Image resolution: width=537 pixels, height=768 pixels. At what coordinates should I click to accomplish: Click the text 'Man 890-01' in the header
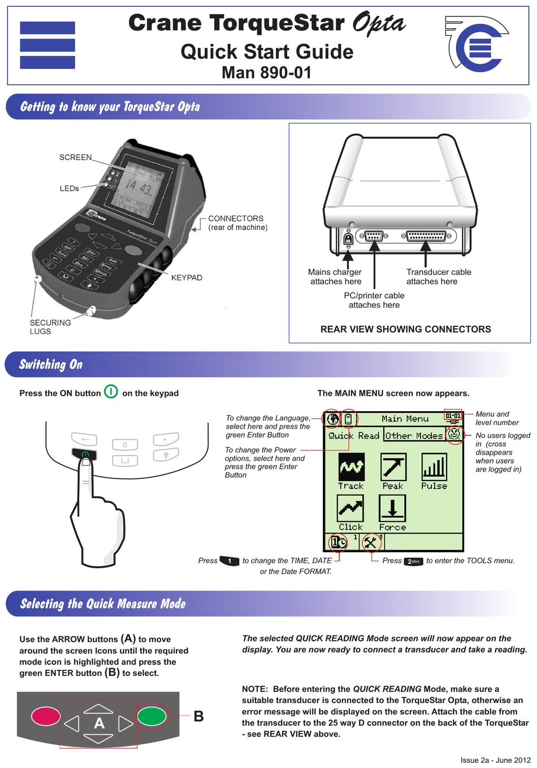tap(266, 72)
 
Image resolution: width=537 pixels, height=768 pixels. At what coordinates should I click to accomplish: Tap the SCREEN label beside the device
tap(75, 158)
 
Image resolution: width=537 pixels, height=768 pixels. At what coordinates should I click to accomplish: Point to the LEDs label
tap(69, 189)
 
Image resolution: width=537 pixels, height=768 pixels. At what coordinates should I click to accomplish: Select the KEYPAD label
tap(187, 278)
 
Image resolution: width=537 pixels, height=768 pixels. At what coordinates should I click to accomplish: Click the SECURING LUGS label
tap(50, 327)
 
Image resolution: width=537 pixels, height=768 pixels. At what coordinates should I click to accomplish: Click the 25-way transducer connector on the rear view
tap(426, 236)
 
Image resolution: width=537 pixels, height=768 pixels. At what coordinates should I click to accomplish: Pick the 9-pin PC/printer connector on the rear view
tap(374, 236)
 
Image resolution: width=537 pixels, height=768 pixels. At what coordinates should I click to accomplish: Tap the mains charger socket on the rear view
tap(348, 238)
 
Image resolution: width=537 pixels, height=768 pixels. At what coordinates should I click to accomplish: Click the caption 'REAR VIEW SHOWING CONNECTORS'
tap(405, 329)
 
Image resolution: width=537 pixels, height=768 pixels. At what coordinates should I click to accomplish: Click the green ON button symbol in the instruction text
tap(111, 392)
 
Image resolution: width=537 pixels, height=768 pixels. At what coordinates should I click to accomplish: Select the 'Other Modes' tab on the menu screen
tap(414, 435)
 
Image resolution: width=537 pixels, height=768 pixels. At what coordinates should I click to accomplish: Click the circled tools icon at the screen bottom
tap(371, 543)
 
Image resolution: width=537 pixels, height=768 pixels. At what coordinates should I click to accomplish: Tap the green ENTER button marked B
tap(152, 716)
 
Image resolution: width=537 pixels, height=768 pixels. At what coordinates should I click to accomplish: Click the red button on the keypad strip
tap(46, 716)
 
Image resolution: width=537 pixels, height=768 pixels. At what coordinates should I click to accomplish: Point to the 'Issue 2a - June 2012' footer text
tap(495, 760)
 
